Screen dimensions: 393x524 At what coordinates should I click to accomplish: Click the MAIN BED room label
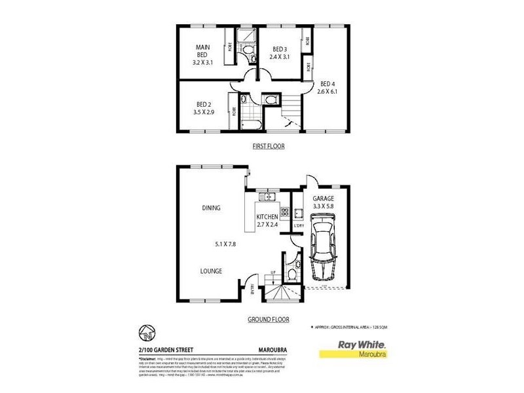point(201,51)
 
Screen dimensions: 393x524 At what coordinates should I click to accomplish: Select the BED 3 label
point(280,48)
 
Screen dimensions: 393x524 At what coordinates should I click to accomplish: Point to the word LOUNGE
point(211,271)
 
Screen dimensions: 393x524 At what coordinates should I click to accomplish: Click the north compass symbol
point(146,331)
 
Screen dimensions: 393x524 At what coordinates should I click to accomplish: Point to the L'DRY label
point(298,226)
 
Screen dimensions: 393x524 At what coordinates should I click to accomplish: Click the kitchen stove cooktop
point(284,211)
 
